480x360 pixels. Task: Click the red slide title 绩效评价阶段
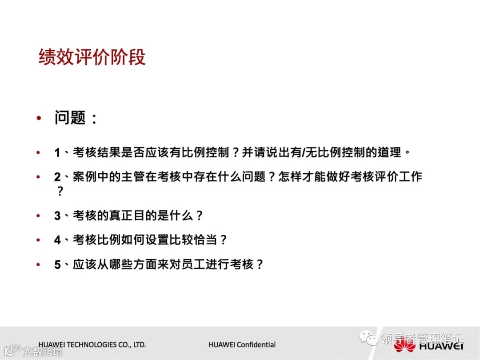tap(92, 58)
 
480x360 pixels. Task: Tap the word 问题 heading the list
tap(70, 118)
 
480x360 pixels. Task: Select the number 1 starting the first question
tap(57, 153)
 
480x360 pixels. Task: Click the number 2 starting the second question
tap(57, 177)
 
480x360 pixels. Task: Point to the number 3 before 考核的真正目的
tap(57, 216)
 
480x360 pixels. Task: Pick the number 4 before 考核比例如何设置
tap(57, 240)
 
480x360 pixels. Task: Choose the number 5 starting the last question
tap(57, 265)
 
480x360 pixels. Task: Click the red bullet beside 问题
tap(39, 119)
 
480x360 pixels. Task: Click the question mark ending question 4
tap(224, 240)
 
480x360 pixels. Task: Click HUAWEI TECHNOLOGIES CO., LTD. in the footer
tap(92, 344)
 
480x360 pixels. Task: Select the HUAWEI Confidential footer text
tap(242, 344)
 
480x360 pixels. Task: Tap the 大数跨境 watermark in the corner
tap(43, 351)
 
